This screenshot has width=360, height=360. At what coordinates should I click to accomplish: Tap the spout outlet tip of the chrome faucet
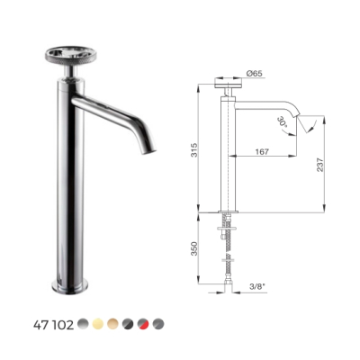pyautogui.click(x=148, y=151)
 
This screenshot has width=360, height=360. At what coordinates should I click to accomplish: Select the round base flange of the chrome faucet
pyautogui.click(x=70, y=285)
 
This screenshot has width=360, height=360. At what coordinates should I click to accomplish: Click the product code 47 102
pyautogui.click(x=53, y=325)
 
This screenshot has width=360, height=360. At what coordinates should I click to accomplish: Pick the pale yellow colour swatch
pyautogui.click(x=98, y=324)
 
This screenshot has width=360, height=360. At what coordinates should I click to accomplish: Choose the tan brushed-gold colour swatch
pyautogui.click(x=113, y=324)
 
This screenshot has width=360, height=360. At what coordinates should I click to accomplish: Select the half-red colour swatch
pyautogui.click(x=143, y=324)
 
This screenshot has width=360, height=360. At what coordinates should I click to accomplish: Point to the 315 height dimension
pyautogui.click(x=194, y=149)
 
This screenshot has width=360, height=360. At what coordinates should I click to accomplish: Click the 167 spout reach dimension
pyautogui.click(x=262, y=151)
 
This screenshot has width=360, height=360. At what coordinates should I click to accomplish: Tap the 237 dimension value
pyautogui.click(x=320, y=165)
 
